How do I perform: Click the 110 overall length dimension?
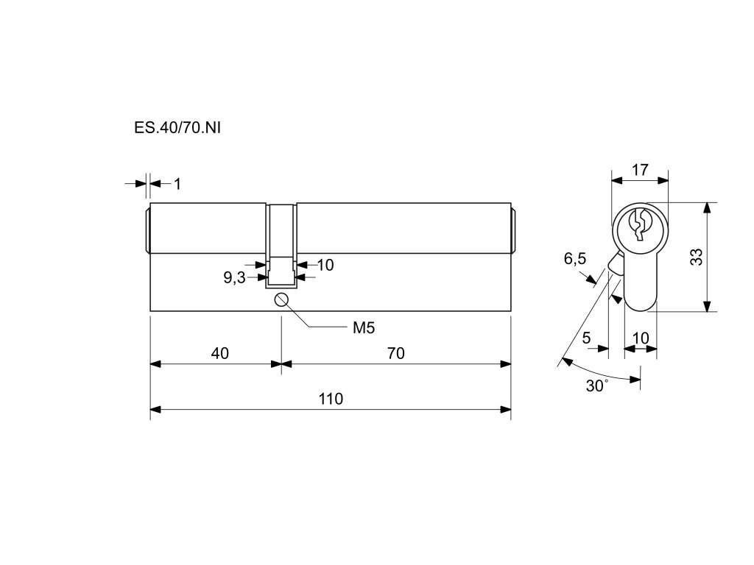click(331, 399)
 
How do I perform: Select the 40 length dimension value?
click(219, 354)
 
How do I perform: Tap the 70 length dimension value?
click(395, 354)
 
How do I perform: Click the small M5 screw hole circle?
click(281, 299)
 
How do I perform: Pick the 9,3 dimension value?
click(234, 278)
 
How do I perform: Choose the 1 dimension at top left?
click(177, 183)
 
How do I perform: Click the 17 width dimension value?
click(640, 170)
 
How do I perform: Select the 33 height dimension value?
click(697, 257)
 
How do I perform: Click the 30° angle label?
click(597, 386)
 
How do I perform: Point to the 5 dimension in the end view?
click(586, 338)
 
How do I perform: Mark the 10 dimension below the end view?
click(641, 338)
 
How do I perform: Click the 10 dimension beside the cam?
click(325, 265)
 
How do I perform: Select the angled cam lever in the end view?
click(615, 265)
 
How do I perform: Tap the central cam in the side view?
click(281, 246)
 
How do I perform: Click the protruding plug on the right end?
click(514, 229)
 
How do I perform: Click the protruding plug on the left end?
click(147, 229)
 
